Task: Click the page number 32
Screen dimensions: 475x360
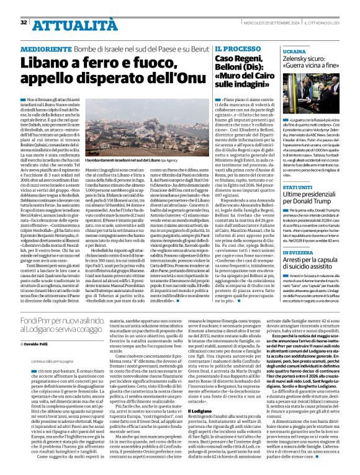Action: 23,6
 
